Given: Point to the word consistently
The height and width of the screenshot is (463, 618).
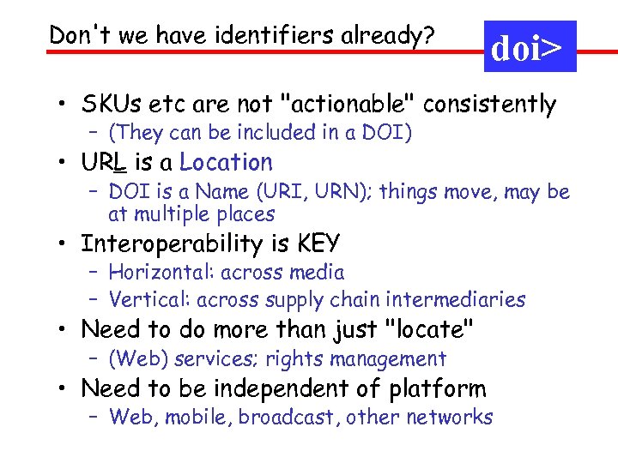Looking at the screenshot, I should point(490,105).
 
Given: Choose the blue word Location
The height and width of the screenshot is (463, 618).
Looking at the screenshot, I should point(226,162).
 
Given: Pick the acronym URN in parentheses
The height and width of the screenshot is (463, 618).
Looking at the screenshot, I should point(343,192).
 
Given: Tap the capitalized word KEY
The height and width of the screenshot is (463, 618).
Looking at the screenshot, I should point(318,244).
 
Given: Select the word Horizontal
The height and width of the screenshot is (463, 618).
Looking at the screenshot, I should point(161,273).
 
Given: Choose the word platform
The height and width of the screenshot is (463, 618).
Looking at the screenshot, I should point(437,389).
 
